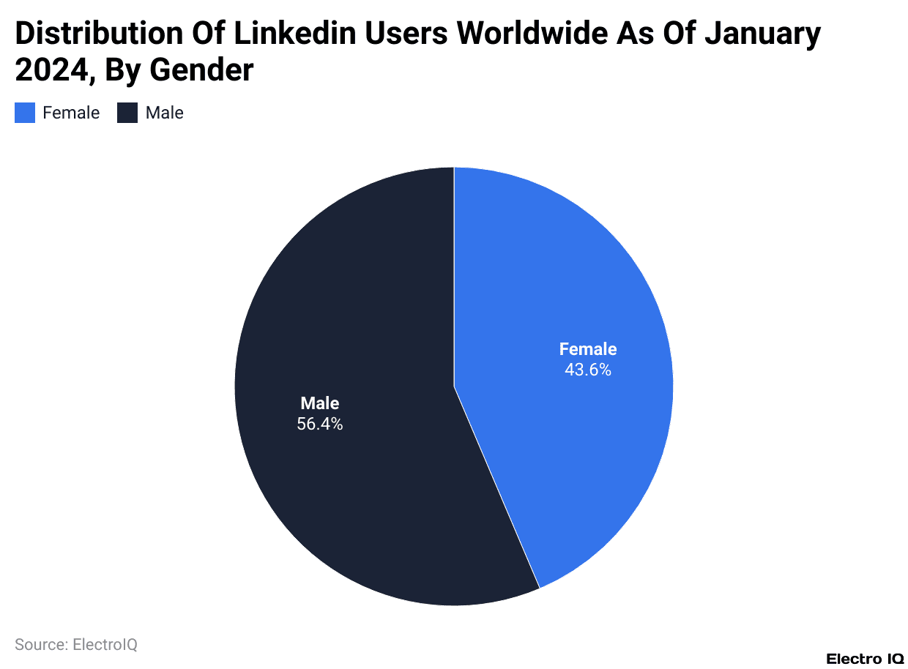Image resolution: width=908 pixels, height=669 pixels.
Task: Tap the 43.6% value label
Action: click(587, 370)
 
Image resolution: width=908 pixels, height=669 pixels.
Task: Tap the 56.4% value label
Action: click(319, 424)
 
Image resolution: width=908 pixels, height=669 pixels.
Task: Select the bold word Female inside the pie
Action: click(588, 349)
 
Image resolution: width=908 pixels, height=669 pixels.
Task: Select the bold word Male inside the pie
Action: click(320, 403)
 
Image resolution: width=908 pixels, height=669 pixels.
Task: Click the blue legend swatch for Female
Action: click(25, 113)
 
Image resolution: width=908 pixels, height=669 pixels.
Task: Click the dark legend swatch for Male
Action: click(127, 113)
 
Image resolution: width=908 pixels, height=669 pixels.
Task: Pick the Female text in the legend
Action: click(71, 113)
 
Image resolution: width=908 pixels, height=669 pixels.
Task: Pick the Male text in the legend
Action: click(164, 113)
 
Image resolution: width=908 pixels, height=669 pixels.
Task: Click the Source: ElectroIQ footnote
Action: click(76, 645)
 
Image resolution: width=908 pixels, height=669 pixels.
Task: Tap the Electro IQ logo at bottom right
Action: click(865, 659)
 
